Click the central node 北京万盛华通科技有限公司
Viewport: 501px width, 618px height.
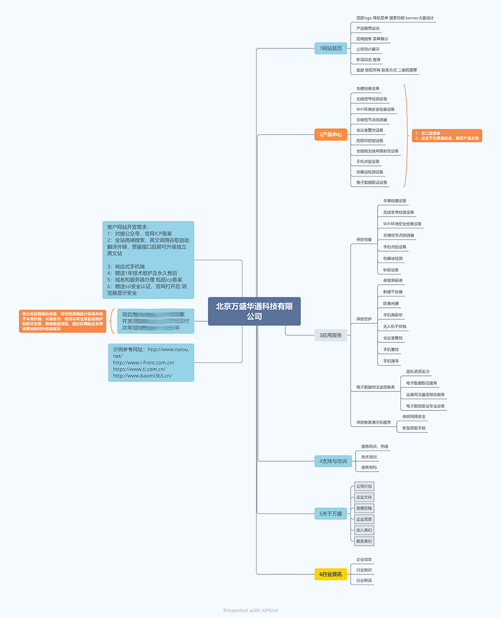point(254,311)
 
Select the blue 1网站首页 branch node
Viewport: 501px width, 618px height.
point(331,49)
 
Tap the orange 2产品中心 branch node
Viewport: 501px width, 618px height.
point(331,134)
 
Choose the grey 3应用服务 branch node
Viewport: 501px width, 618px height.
point(331,335)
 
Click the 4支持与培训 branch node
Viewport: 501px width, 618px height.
point(333,461)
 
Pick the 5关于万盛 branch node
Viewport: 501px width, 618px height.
point(331,514)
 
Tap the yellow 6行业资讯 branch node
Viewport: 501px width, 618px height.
point(331,574)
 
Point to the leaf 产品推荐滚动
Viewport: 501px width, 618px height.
point(368,29)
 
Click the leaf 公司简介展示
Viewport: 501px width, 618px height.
point(368,49)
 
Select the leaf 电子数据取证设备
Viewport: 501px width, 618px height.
point(372,182)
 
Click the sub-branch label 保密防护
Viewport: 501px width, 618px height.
point(364,319)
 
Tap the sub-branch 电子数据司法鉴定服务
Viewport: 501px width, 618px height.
point(375,387)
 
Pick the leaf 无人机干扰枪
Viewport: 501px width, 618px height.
point(395,327)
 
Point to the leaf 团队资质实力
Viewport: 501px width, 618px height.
point(417,372)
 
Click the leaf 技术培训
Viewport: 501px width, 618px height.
point(369,457)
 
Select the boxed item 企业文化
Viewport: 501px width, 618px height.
point(364,497)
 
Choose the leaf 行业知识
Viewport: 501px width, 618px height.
point(364,570)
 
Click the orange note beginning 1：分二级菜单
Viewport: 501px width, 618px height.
point(447,136)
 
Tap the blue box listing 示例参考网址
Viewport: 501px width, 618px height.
point(151,362)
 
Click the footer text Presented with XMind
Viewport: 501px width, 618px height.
point(250,610)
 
